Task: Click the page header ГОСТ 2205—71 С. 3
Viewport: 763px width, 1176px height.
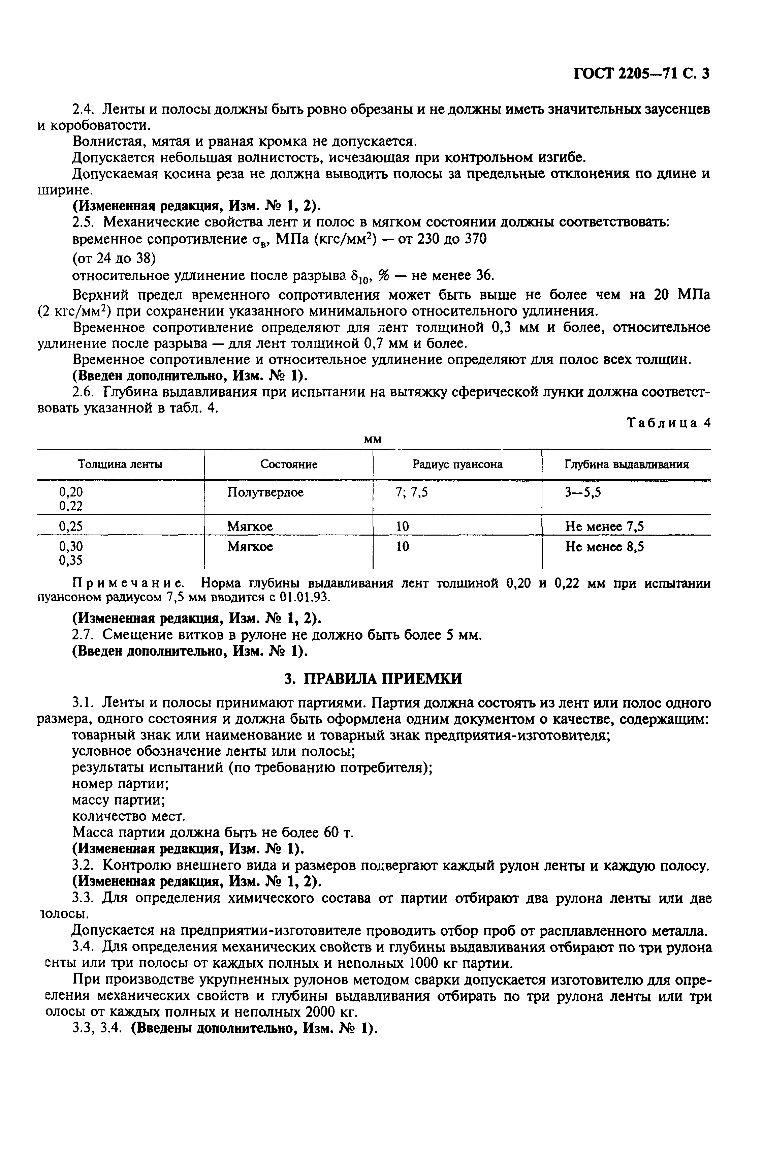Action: (641, 73)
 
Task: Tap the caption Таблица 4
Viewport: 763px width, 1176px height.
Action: (668, 423)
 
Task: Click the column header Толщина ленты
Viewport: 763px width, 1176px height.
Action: (121, 464)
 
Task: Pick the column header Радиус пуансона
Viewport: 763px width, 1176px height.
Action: (457, 464)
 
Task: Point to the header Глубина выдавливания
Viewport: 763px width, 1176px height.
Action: (627, 464)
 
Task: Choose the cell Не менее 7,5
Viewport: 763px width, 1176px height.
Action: (604, 527)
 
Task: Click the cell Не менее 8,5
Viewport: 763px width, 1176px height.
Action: (604, 547)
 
